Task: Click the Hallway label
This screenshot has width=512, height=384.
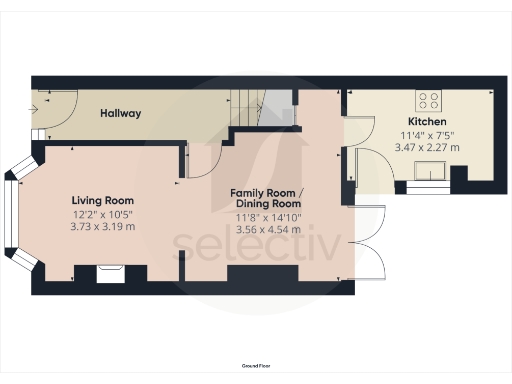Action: pyautogui.click(x=120, y=114)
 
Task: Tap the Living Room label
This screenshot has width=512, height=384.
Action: pyautogui.click(x=103, y=199)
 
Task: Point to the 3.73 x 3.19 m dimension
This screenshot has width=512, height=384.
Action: pyautogui.click(x=103, y=227)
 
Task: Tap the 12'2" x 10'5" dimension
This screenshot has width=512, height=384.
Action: pyautogui.click(x=103, y=213)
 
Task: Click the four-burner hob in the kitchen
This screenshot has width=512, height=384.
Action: pyautogui.click(x=431, y=99)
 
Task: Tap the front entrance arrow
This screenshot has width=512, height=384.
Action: pyautogui.click(x=43, y=101)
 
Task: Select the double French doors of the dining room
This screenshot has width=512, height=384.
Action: pyautogui.click(x=372, y=240)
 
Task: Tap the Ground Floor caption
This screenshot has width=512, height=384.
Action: pyautogui.click(x=256, y=368)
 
